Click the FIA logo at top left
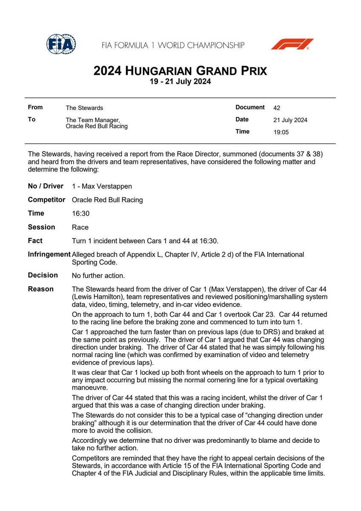[61, 44]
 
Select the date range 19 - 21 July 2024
[180, 81]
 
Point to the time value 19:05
[281, 132]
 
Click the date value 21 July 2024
[290, 120]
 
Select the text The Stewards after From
[84, 108]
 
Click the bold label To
[32, 120]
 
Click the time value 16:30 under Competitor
[81, 214]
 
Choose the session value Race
[80, 227]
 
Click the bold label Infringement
[49, 254]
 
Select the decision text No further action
[98, 276]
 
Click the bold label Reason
[41, 289]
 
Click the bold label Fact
[35, 241]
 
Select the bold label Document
[250, 108]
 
